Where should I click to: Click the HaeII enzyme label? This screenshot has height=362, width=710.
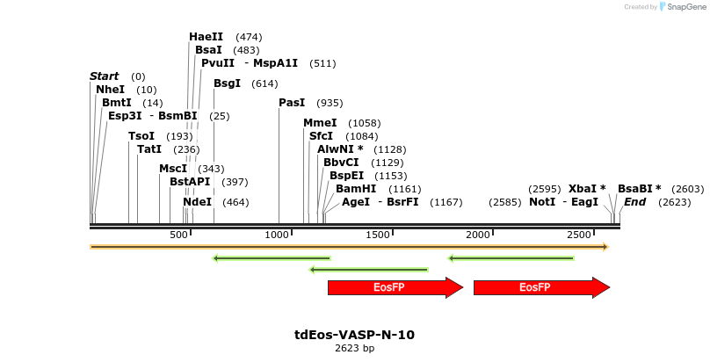(206, 37)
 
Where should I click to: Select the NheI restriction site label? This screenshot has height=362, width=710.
(111, 90)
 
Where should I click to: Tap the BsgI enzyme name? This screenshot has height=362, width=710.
(228, 83)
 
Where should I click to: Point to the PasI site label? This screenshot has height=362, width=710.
(292, 103)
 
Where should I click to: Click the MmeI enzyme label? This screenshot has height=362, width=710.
(320, 123)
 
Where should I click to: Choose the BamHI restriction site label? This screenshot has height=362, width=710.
(356, 189)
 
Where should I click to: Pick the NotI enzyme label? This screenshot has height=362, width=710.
(542, 202)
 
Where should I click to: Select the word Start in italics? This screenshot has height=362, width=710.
(105, 76)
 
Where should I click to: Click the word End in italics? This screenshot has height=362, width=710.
(635, 202)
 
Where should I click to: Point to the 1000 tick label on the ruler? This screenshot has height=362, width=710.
(278, 235)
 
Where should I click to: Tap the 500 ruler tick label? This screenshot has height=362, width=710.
(179, 235)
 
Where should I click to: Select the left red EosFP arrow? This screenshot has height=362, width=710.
(395, 287)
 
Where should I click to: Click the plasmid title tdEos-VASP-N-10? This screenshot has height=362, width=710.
(354, 335)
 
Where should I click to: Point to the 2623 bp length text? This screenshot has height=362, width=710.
(354, 349)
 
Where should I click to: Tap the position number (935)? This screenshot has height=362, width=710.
(330, 103)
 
